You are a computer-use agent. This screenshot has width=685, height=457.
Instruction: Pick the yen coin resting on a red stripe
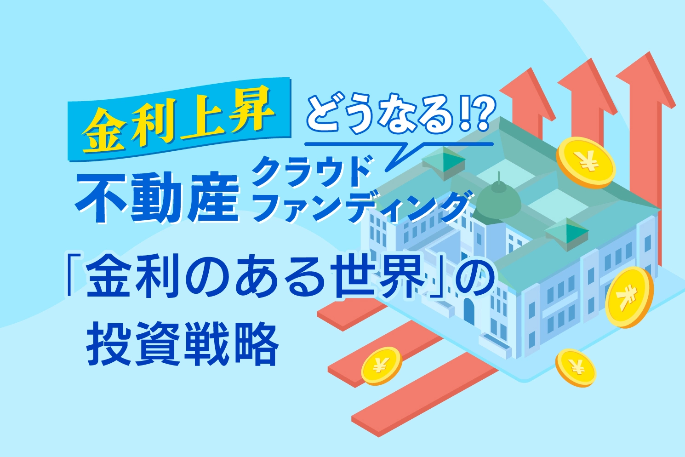[x=381, y=366]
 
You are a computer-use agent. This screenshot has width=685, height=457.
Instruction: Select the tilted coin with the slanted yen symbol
[x=629, y=297]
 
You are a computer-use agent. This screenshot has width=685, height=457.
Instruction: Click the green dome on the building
[x=499, y=199]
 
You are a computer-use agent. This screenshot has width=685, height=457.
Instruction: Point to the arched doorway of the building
[x=469, y=310]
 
